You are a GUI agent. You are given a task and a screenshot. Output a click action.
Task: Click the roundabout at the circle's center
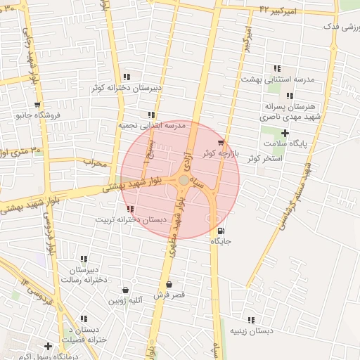[184, 181]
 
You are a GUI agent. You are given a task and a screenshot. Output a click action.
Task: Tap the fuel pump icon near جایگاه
[222, 231]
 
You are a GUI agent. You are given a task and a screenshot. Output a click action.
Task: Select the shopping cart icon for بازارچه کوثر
[221, 143]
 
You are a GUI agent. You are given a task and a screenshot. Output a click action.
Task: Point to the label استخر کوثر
[264, 158]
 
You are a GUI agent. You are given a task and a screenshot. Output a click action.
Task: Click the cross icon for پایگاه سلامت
[285, 133]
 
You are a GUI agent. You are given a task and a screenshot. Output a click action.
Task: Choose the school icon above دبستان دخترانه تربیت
[129, 209]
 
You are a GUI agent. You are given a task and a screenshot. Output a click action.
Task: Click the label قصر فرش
[169, 295]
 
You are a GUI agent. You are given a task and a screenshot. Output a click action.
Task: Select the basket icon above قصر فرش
[169, 285]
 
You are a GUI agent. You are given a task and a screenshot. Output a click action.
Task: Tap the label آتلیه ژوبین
[125, 300]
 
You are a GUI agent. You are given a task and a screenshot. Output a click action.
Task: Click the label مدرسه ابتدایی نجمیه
[151, 125]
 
